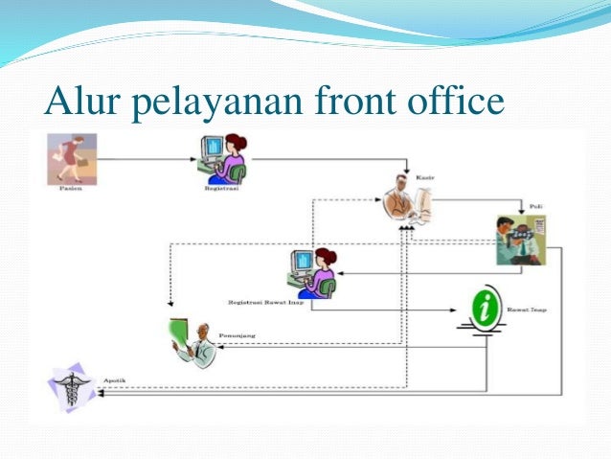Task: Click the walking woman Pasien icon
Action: (x=69, y=158)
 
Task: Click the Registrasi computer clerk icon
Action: (x=222, y=159)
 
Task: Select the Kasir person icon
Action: (x=407, y=202)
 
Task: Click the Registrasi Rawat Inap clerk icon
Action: (x=312, y=271)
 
